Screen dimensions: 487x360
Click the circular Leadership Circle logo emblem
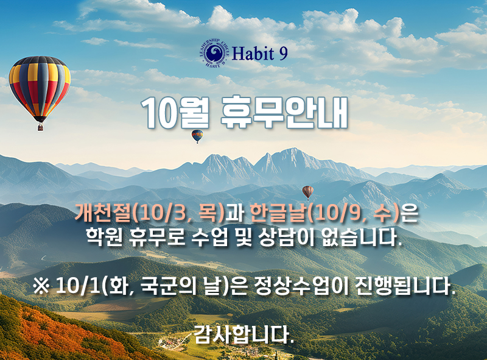(214, 54)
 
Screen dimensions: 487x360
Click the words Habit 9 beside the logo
(260, 54)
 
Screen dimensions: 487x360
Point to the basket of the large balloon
(41, 127)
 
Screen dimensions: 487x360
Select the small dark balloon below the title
(197, 136)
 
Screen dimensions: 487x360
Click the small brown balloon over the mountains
(308, 192)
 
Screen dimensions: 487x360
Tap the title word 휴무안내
(284, 113)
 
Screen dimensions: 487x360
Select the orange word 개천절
(103, 213)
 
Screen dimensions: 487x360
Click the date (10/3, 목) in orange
(178, 214)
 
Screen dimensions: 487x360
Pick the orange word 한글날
(278, 213)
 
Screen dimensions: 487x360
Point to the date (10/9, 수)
(353, 214)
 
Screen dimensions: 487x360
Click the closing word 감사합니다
(244, 334)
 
